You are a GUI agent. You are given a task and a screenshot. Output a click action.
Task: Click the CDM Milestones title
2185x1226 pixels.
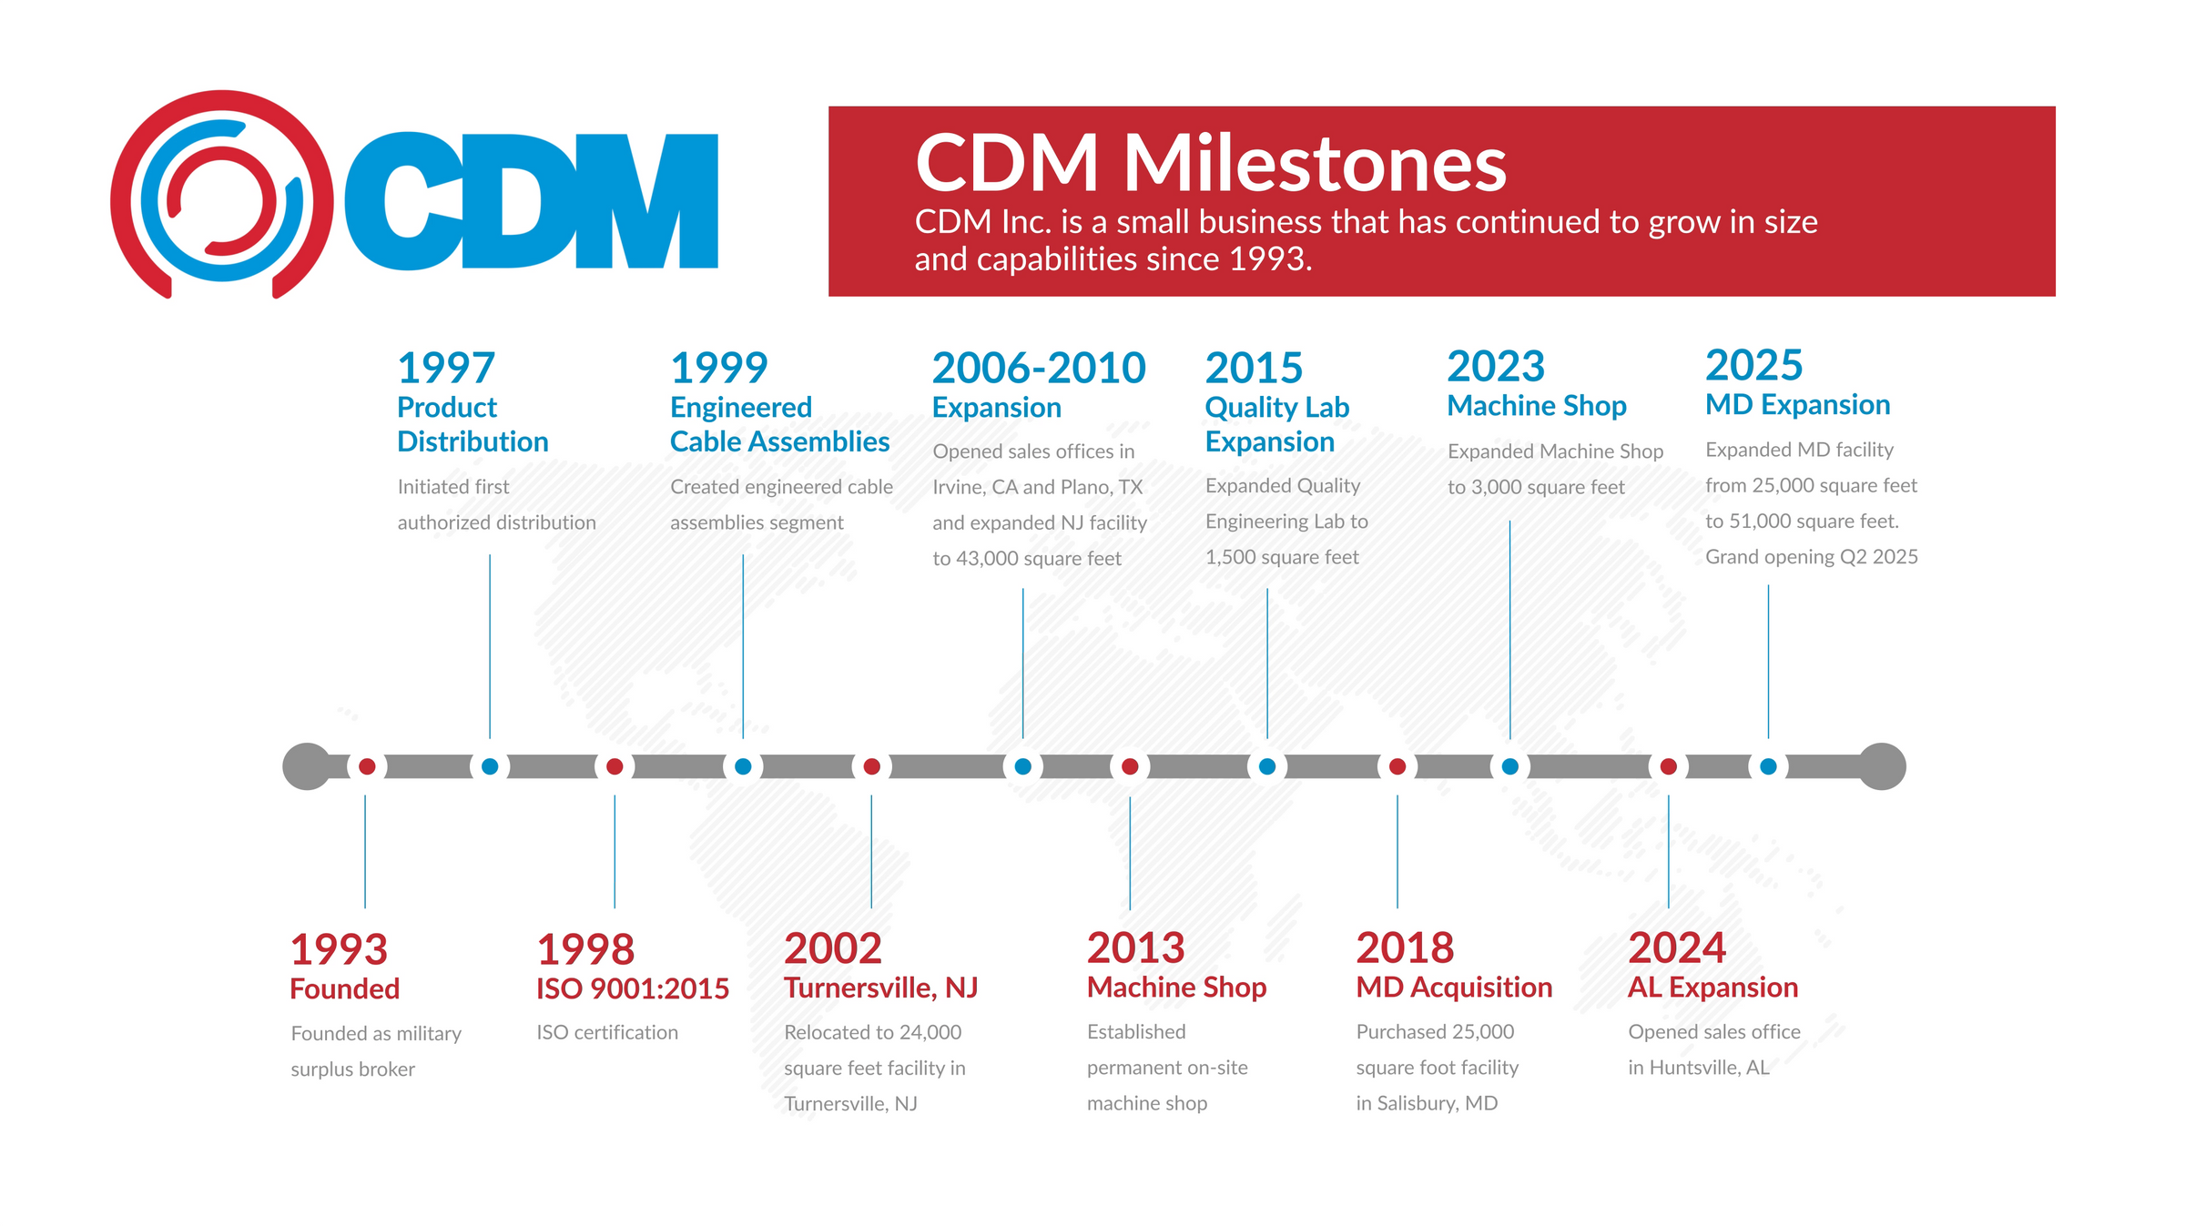(x=1210, y=164)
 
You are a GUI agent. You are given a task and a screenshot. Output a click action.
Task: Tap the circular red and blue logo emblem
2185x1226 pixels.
(x=221, y=196)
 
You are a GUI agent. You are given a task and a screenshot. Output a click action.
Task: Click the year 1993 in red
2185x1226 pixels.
(x=339, y=949)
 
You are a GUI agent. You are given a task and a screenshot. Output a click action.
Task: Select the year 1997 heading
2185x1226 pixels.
(x=446, y=369)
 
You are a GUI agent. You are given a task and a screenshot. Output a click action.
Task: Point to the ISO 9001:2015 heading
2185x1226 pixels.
(x=633, y=988)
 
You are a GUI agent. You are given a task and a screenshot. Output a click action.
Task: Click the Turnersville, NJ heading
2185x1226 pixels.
(x=880, y=988)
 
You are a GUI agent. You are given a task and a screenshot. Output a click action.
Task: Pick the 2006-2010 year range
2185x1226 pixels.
(x=1039, y=369)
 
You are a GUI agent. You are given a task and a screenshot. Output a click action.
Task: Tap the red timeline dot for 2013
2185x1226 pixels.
(x=1130, y=766)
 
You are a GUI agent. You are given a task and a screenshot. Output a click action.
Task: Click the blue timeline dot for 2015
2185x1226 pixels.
(x=1266, y=766)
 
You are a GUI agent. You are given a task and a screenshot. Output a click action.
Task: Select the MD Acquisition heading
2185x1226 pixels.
(x=1454, y=988)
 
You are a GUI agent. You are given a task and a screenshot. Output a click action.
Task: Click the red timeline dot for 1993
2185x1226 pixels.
(x=367, y=766)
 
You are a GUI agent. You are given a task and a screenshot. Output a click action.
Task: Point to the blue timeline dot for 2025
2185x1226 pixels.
(x=1768, y=766)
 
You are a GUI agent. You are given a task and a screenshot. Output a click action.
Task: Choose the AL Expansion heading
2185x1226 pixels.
(x=1712, y=988)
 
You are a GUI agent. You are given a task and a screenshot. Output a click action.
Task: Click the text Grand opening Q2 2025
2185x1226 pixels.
(x=1811, y=557)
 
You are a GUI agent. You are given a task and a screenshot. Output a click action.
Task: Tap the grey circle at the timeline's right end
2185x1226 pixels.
(x=1882, y=766)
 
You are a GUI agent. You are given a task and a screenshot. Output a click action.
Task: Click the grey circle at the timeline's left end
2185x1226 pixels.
(x=307, y=766)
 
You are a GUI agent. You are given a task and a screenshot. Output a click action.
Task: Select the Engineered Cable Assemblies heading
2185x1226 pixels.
(x=779, y=424)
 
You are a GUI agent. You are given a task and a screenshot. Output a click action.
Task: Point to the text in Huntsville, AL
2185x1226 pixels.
(x=1699, y=1068)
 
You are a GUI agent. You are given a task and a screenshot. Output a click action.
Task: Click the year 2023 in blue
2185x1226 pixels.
(x=1496, y=367)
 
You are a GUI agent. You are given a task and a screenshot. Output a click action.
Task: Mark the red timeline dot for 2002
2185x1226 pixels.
(x=871, y=766)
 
